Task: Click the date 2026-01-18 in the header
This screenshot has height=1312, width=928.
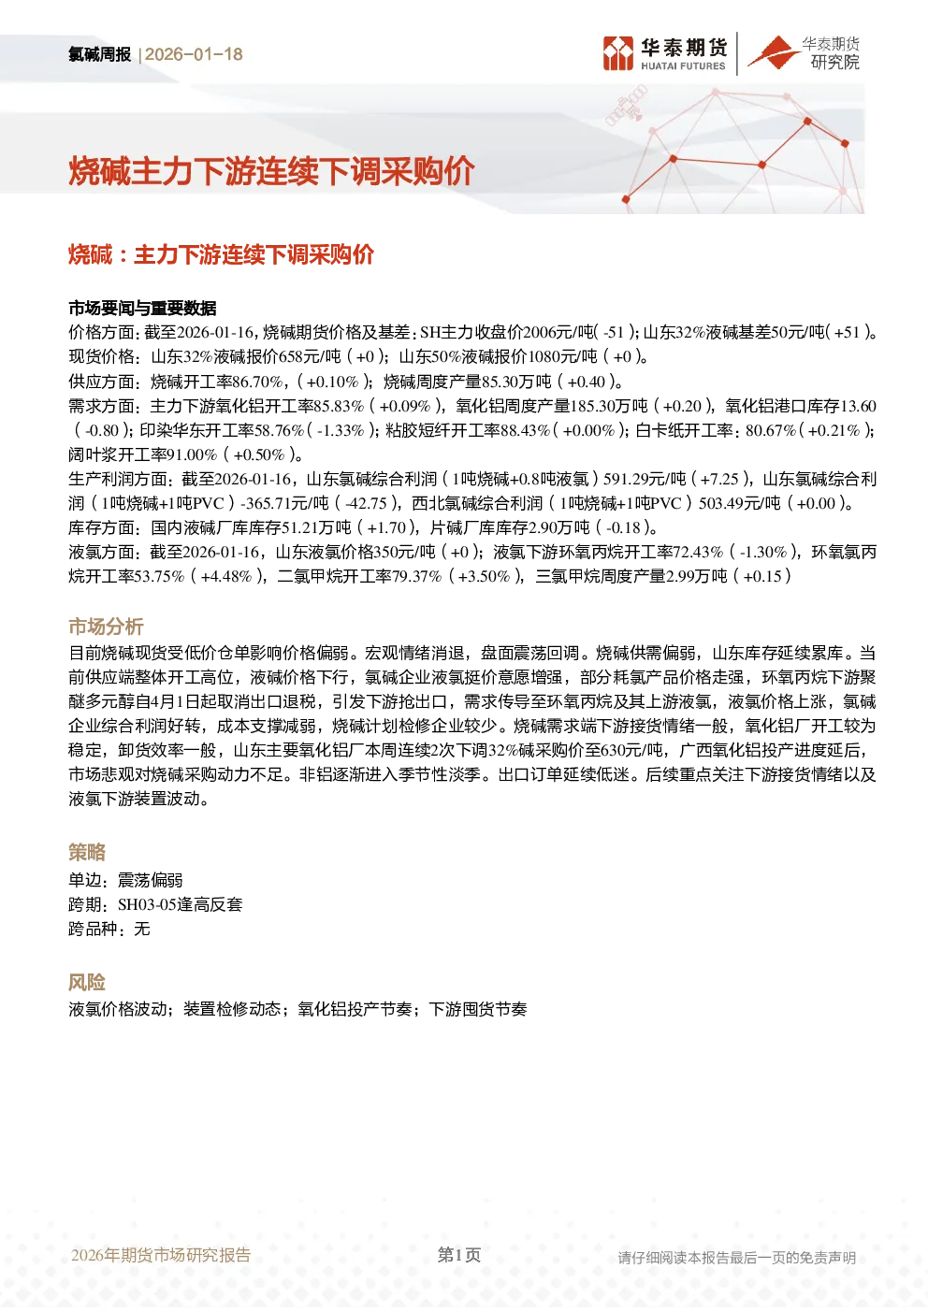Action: pyautogui.click(x=194, y=54)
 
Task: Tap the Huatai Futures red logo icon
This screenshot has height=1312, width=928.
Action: pyautogui.click(x=618, y=53)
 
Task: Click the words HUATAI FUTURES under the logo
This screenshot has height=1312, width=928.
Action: pyautogui.click(x=683, y=66)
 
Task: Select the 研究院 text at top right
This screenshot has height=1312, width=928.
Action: pyautogui.click(x=834, y=62)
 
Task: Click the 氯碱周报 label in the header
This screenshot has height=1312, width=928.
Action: pyautogui.click(x=99, y=54)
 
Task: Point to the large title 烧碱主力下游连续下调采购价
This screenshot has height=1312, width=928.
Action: pyautogui.click(x=271, y=171)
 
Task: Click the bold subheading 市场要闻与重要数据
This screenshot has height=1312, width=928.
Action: pyautogui.click(x=142, y=308)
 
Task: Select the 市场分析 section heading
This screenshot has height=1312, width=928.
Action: pyautogui.click(x=106, y=627)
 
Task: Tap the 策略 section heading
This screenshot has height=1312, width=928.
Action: pyautogui.click(x=87, y=852)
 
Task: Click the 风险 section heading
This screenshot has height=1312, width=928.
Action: pyautogui.click(x=87, y=982)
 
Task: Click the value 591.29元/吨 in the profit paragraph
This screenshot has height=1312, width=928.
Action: pyautogui.click(x=645, y=479)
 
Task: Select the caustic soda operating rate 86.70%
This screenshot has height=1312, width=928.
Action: pyautogui.click(x=257, y=382)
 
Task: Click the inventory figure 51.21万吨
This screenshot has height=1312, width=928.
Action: pyautogui.click(x=316, y=527)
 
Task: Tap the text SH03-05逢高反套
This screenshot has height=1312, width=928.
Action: pyautogui.click(x=180, y=905)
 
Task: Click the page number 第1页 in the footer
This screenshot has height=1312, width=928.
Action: pyautogui.click(x=459, y=1255)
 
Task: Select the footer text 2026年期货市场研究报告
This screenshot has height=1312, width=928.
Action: pyautogui.click(x=161, y=1255)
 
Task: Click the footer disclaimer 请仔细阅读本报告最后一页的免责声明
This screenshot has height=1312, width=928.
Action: pyautogui.click(x=736, y=1258)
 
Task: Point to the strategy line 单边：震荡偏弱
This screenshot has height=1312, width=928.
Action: pyautogui.click(x=125, y=880)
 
